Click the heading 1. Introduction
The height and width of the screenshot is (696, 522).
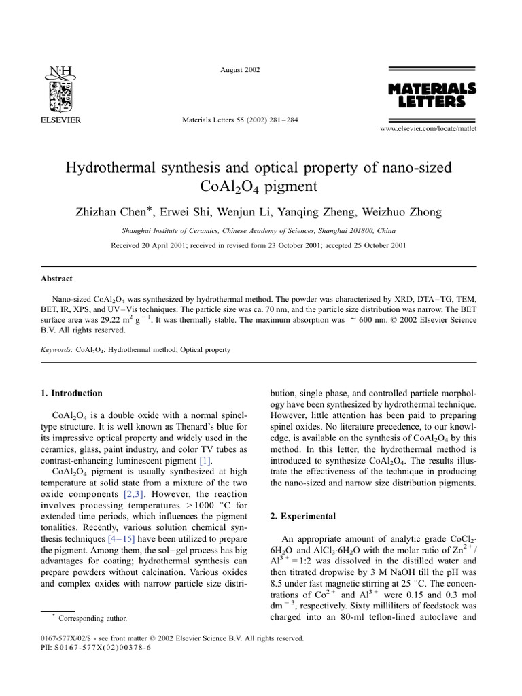[72, 393]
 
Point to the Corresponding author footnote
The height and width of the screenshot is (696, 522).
[92, 618]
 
